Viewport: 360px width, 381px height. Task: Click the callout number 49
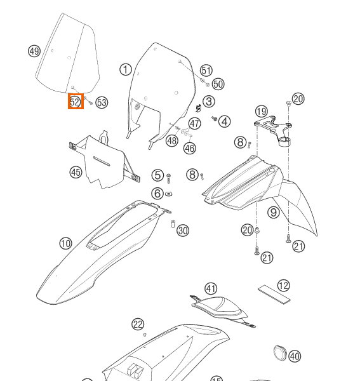[x=34, y=51]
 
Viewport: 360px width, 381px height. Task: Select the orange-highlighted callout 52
[x=76, y=102]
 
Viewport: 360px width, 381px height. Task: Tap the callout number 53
[x=102, y=103]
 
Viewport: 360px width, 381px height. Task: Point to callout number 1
[x=126, y=70]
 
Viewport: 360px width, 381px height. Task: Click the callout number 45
[x=76, y=172]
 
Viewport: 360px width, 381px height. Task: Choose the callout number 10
[x=65, y=243]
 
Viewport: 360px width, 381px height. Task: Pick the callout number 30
[x=183, y=231]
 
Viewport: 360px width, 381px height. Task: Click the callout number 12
[x=283, y=286]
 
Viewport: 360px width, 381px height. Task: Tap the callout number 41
[x=211, y=289]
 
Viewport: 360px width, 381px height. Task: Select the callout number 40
[x=295, y=357]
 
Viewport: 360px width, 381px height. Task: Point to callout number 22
[x=138, y=324]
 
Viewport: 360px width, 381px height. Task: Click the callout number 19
[x=262, y=112]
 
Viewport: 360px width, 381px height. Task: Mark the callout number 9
[x=273, y=213]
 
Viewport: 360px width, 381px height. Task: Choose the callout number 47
[x=195, y=123]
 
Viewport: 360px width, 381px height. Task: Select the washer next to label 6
[x=169, y=194]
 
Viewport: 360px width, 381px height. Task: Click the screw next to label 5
[x=169, y=176]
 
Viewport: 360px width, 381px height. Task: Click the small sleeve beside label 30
[x=172, y=224]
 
